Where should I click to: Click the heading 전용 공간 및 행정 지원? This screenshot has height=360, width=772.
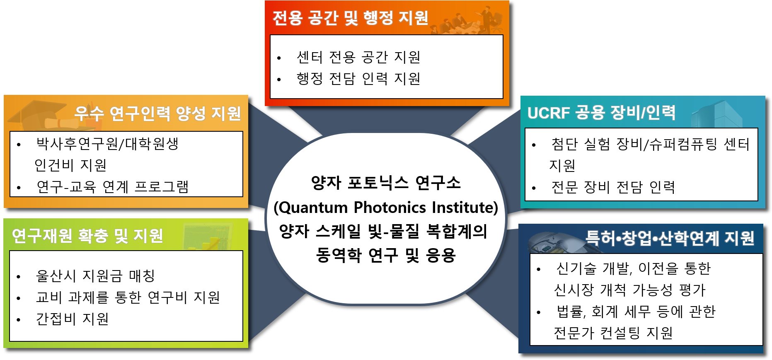click(350, 18)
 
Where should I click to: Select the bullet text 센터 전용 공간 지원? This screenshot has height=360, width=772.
click(358, 57)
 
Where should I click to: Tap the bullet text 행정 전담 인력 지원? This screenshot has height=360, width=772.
click(358, 79)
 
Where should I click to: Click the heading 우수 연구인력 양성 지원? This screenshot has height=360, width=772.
click(158, 113)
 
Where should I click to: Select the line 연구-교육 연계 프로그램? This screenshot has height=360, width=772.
click(113, 187)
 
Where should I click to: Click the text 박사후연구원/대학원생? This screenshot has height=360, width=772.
click(108, 144)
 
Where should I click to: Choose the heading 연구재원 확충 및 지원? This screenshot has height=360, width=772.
click(87, 236)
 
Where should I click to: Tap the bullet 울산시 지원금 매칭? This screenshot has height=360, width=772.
click(95, 275)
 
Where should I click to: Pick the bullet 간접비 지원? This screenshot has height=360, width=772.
click(73, 319)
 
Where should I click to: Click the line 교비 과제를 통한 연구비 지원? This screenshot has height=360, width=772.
click(128, 297)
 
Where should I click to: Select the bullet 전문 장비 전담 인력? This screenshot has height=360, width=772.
click(613, 187)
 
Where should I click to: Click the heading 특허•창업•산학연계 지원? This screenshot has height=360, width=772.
click(670, 238)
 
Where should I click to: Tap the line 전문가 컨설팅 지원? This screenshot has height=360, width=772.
click(613, 333)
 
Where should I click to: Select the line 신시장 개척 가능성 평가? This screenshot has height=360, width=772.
click(630, 290)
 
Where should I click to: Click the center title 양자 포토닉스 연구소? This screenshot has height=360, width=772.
click(386, 183)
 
